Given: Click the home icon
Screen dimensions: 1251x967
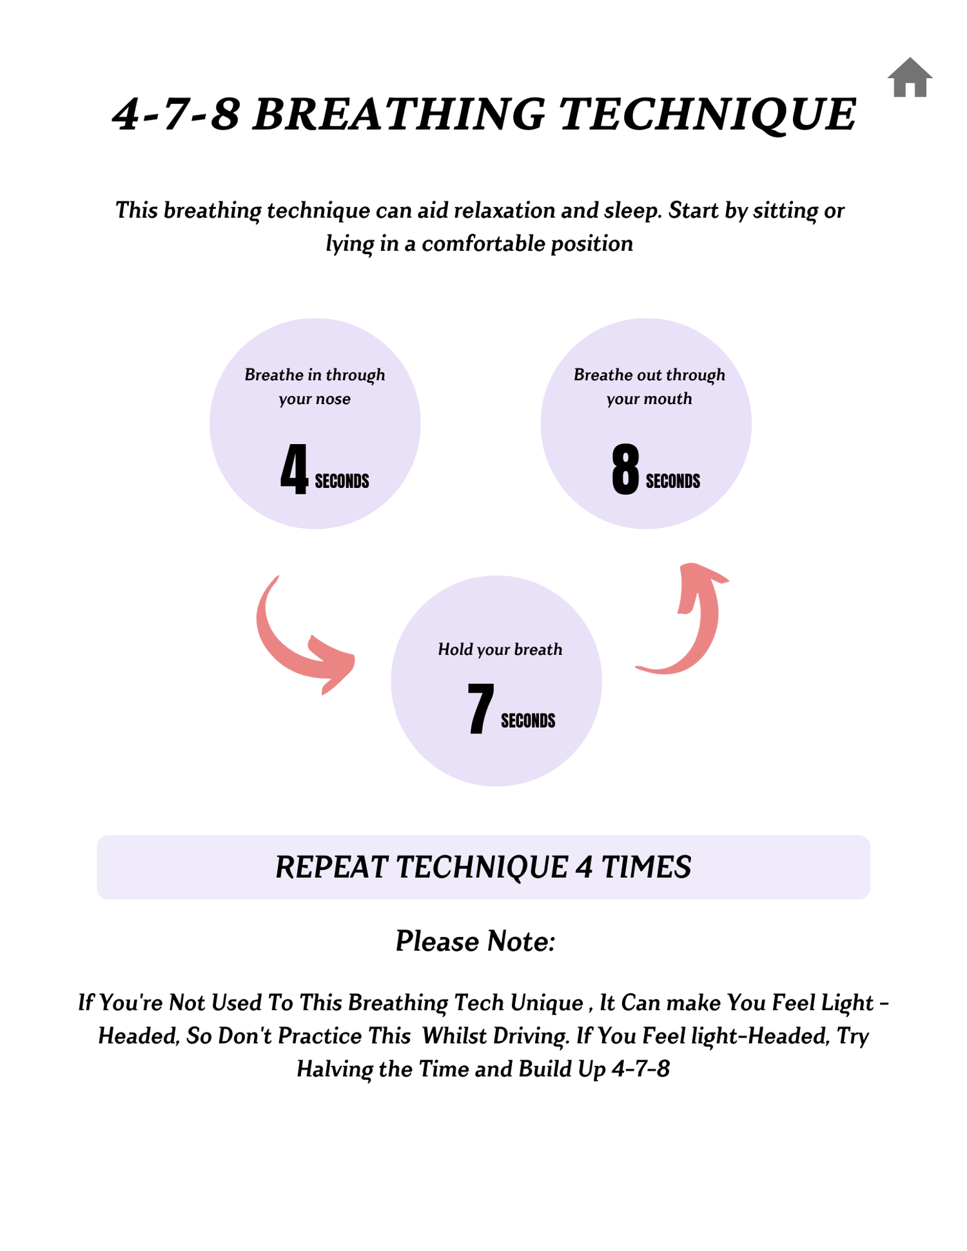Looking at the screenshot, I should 910,78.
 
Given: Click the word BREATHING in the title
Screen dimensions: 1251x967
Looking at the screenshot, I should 398,115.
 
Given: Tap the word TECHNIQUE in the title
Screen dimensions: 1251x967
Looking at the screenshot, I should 707,115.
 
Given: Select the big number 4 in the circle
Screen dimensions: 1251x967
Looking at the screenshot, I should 294,469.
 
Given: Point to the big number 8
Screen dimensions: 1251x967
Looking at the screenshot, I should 625,469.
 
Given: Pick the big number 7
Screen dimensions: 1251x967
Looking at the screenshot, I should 480,708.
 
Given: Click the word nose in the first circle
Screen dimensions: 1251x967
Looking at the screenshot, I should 333,399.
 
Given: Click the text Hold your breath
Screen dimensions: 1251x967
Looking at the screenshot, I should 500,649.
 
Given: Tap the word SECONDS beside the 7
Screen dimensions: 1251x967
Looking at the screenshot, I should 528,721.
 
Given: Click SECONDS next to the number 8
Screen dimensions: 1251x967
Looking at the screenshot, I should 672,481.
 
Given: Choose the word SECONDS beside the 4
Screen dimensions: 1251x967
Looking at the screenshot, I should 342,481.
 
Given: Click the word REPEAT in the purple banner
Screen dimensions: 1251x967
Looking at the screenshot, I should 331,867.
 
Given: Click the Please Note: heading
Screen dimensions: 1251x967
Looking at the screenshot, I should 475,941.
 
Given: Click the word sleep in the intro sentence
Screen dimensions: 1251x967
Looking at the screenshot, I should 632,210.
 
